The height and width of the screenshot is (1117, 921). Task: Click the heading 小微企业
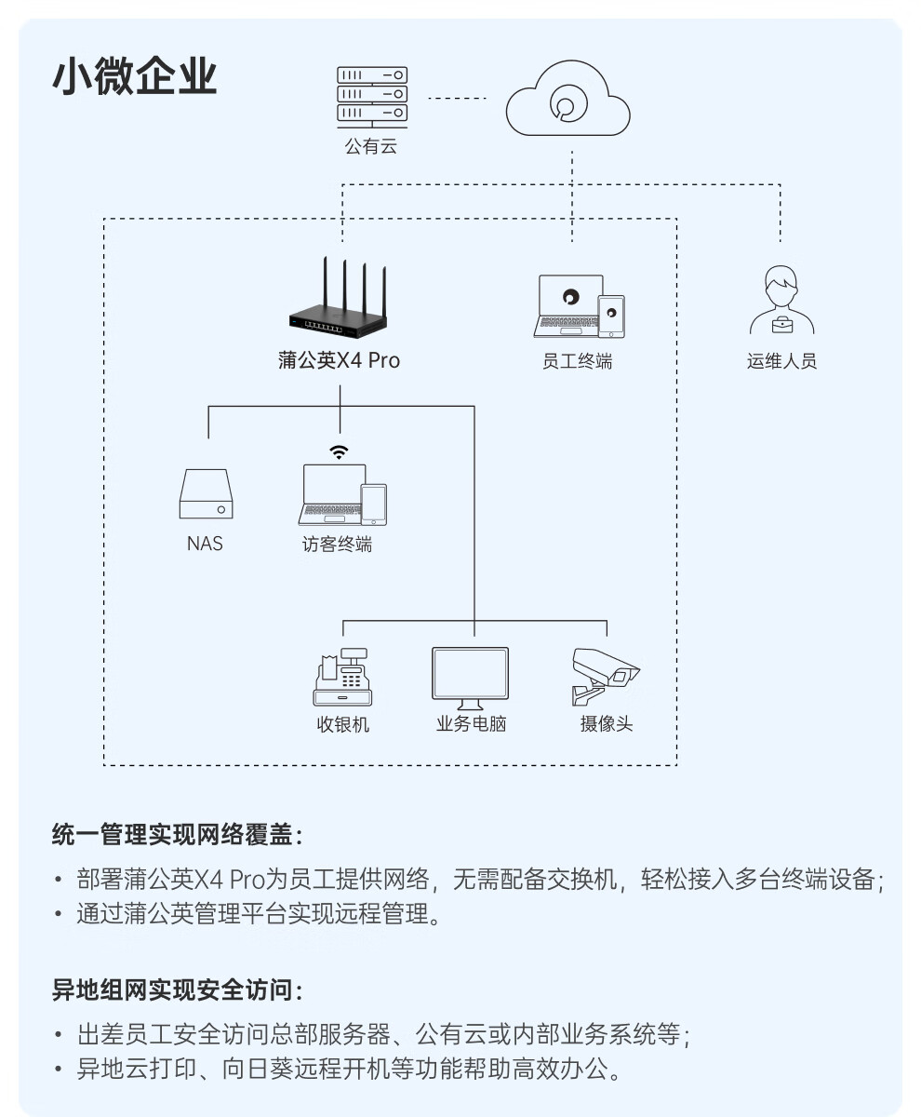pyautogui.click(x=135, y=77)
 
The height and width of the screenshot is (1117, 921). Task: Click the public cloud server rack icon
pyautogui.click(x=372, y=94)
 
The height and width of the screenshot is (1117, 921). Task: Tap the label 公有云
pyautogui.click(x=370, y=146)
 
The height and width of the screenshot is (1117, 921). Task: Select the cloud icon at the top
pyautogui.click(x=567, y=101)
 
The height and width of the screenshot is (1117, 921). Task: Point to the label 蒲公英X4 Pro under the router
pyautogui.click(x=340, y=360)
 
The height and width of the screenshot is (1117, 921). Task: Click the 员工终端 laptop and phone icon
pyautogui.click(x=579, y=305)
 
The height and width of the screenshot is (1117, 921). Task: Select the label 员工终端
pyautogui.click(x=578, y=361)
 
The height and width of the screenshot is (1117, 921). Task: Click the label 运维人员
pyautogui.click(x=781, y=361)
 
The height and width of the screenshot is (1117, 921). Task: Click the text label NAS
pyautogui.click(x=205, y=544)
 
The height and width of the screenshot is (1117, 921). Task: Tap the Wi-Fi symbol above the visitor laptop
pyautogui.click(x=340, y=452)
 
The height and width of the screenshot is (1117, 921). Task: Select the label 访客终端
pyautogui.click(x=337, y=545)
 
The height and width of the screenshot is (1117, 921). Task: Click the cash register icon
pyautogui.click(x=342, y=677)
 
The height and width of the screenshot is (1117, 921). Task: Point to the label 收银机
pyautogui.click(x=342, y=724)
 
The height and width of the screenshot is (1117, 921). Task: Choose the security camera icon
pyautogui.click(x=605, y=675)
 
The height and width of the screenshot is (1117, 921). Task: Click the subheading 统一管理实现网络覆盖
pyautogui.click(x=177, y=834)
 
